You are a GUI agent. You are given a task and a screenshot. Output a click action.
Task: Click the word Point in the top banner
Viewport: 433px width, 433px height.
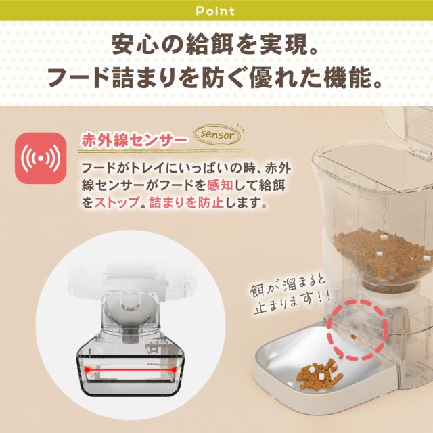coord(216,11)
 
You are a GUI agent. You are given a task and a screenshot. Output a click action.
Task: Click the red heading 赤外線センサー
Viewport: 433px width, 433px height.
coord(133,141)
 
